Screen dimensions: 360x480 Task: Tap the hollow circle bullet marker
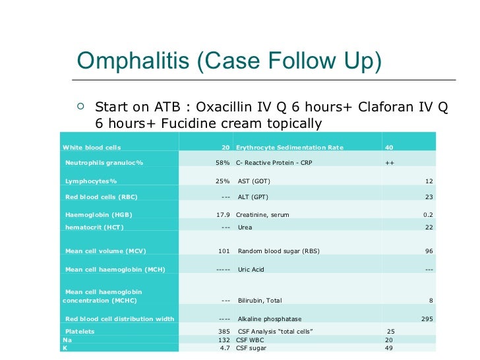click(80, 105)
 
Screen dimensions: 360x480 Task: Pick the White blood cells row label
click(92, 147)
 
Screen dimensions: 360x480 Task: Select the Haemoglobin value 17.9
click(222, 215)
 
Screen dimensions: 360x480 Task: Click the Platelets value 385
click(223, 331)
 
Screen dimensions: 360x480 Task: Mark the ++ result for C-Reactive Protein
click(389, 163)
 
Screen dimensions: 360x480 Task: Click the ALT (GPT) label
click(253, 197)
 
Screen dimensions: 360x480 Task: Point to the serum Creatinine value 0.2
click(427, 215)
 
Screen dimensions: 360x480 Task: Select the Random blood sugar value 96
click(429, 251)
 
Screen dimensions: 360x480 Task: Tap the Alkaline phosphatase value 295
click(427, 319)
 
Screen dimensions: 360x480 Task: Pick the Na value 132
click(224, 340)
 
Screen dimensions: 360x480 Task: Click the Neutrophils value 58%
click(222, 163)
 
